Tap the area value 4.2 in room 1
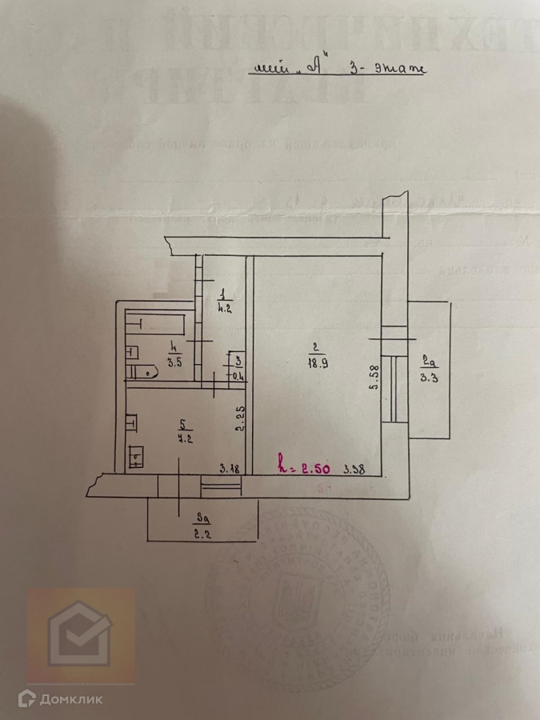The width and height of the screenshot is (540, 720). (x=225, y=306)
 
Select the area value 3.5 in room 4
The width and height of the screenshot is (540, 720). (x=174, y=362)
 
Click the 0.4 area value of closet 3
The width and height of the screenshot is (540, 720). (x=238, y=376)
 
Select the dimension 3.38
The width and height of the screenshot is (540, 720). (x=354, y=470)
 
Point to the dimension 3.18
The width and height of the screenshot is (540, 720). (x=230, y=468)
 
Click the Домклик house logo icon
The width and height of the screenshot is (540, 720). (x=80, y=636)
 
